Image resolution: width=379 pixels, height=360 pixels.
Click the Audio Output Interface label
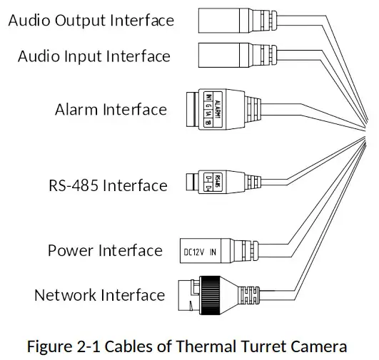click(91, 20)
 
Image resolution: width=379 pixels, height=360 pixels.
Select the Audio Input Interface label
click(94, 56)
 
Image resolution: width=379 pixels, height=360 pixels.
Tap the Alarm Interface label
click(111, 110)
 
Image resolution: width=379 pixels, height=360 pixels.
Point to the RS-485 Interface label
click(108, 186)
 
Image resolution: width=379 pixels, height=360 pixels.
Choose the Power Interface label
click(105, 250)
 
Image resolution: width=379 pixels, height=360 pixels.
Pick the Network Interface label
click(99, 294)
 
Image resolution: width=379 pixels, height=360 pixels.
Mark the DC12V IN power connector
click(207, 250)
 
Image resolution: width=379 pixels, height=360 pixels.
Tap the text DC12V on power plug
click(193, 251)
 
